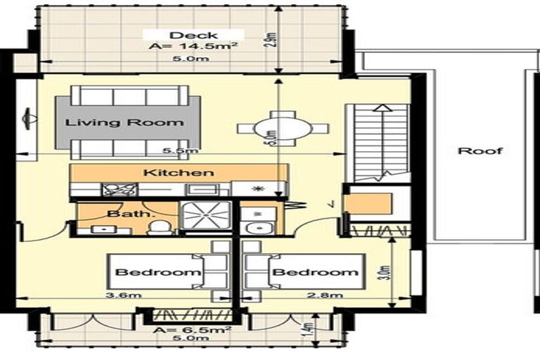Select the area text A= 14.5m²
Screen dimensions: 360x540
[x=193, y=47]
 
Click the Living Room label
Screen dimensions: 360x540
[x=124, y=122]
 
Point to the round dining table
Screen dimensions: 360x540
[x=283, y=129]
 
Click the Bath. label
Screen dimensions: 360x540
[x=120, y=212]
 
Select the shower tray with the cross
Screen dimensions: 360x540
[x=206, y=215]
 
